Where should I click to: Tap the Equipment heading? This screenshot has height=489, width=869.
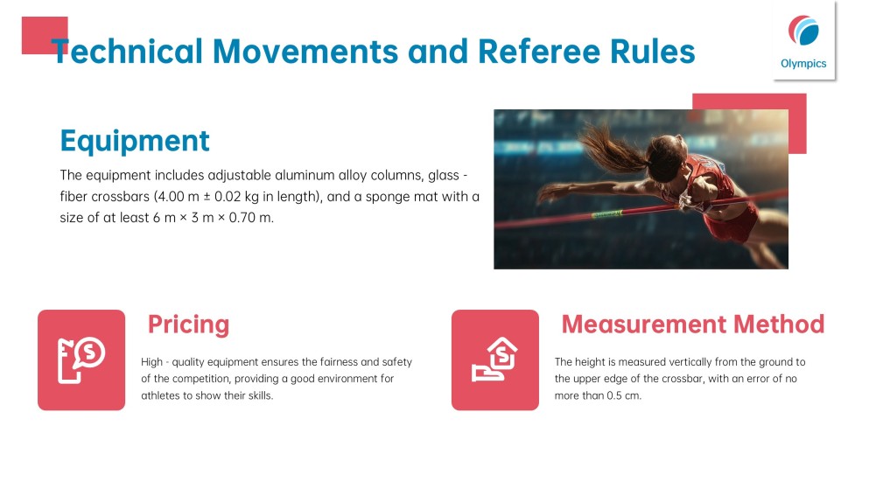[x=135, y=140]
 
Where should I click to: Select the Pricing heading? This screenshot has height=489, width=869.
[x=188, y=325]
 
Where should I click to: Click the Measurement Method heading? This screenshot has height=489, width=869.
[x=692, y=325]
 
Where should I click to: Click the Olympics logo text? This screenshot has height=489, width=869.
[x=803, y=63]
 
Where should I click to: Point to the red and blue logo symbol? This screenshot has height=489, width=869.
[x=804, y=31]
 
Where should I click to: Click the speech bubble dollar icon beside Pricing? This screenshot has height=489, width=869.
[x=81, y=360]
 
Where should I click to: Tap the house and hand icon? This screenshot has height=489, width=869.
[x=495, y=360]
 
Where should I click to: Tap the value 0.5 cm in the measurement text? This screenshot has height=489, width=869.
[x=623, y=395]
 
